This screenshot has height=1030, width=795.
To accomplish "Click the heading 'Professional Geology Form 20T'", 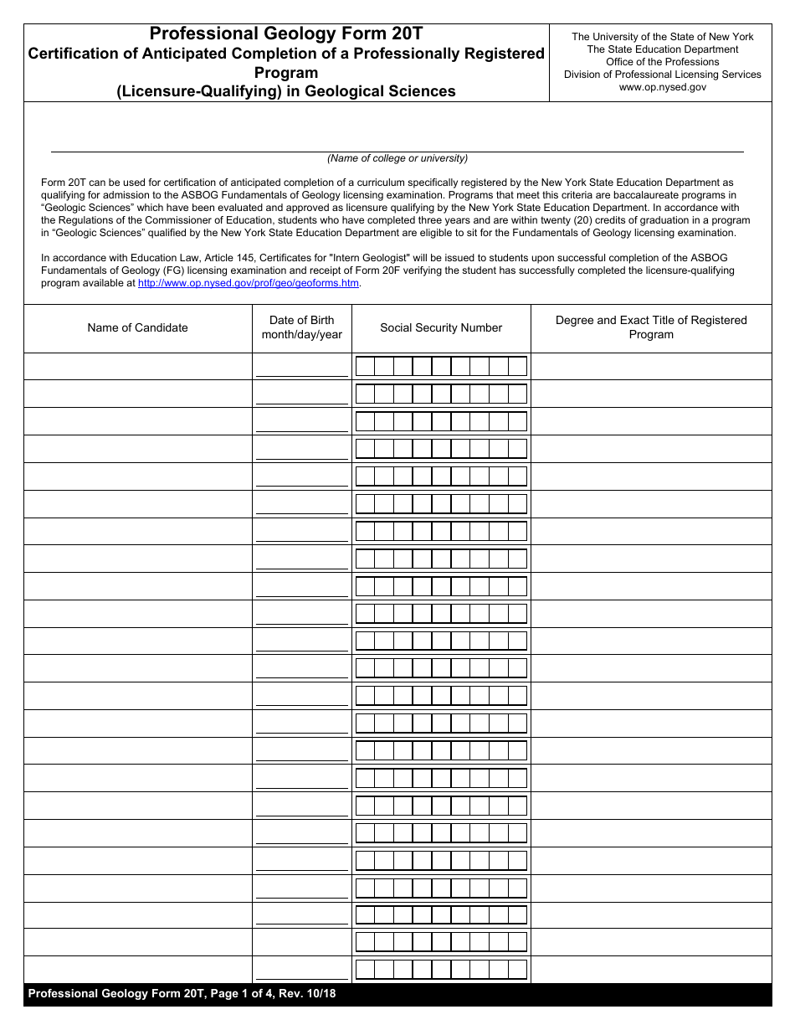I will pyautogui.click(x=286, y=34).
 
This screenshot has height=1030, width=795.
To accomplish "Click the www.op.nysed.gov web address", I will pyautogui.click(x=662, y=87).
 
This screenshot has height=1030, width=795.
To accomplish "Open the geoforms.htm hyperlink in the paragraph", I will pyautogui.click(x=249, y=283).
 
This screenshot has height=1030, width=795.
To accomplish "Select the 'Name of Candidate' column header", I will pyautogui.click(x=138, y=327).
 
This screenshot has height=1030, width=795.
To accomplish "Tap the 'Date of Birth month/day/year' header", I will pyautogui.click(x=302, y=327).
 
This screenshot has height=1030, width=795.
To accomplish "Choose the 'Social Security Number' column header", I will pyautogui.click(x=441, y=327).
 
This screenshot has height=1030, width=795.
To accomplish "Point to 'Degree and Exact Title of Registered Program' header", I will pyautogui.click(x=651, y=327).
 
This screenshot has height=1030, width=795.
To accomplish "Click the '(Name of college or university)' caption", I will pyautogui.click(x=397, y=158).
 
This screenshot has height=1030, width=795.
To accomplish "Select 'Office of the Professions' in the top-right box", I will pyautogui.click(x=662, y=62).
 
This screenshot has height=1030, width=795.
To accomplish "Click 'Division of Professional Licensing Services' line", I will pyautogui.click(x=662, y=75).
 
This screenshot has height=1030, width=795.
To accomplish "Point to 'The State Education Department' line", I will pyautogui.click(x=662, y=49).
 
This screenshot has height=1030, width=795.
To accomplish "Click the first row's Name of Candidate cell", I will pyautogui.click(x=138, y=366).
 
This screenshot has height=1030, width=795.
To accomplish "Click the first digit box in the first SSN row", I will pyautogui.click(x=365, y=367).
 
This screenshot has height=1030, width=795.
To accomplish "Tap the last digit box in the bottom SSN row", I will pyautogui.click(x=518, y=970).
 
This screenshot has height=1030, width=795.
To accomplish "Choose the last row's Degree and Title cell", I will pyautogui.click(x=651, y=969).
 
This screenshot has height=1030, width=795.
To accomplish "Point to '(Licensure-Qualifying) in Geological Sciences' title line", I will pyautogui.click(x=286, y=91).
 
